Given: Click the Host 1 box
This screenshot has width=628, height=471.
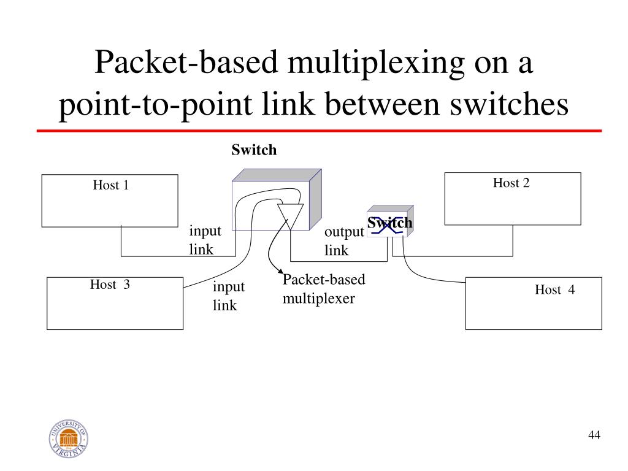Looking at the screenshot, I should [x=110, y=201].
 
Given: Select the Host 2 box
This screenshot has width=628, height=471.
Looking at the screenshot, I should [x=512, y=199].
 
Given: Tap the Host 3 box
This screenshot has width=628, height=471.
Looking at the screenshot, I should [x=115, y=303].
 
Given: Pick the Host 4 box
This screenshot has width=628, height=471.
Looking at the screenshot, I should [x=534, y=303].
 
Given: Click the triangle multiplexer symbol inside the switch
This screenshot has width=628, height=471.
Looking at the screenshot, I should [x=290, y=216].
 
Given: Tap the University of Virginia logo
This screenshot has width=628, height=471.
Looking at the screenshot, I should [x=68, y=439].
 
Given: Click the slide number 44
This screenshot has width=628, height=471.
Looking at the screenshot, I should [x=594, y=435].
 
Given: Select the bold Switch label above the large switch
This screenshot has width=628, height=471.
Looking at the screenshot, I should [x=254, y=150].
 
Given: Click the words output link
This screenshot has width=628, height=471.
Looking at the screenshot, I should [x=343, y=241].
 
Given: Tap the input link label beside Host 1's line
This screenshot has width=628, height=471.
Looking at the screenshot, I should [x=205, y=240].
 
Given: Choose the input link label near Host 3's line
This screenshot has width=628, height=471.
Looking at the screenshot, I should [x=229, y=296].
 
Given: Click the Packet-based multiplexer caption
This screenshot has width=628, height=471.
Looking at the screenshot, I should [x=323, y=289].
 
